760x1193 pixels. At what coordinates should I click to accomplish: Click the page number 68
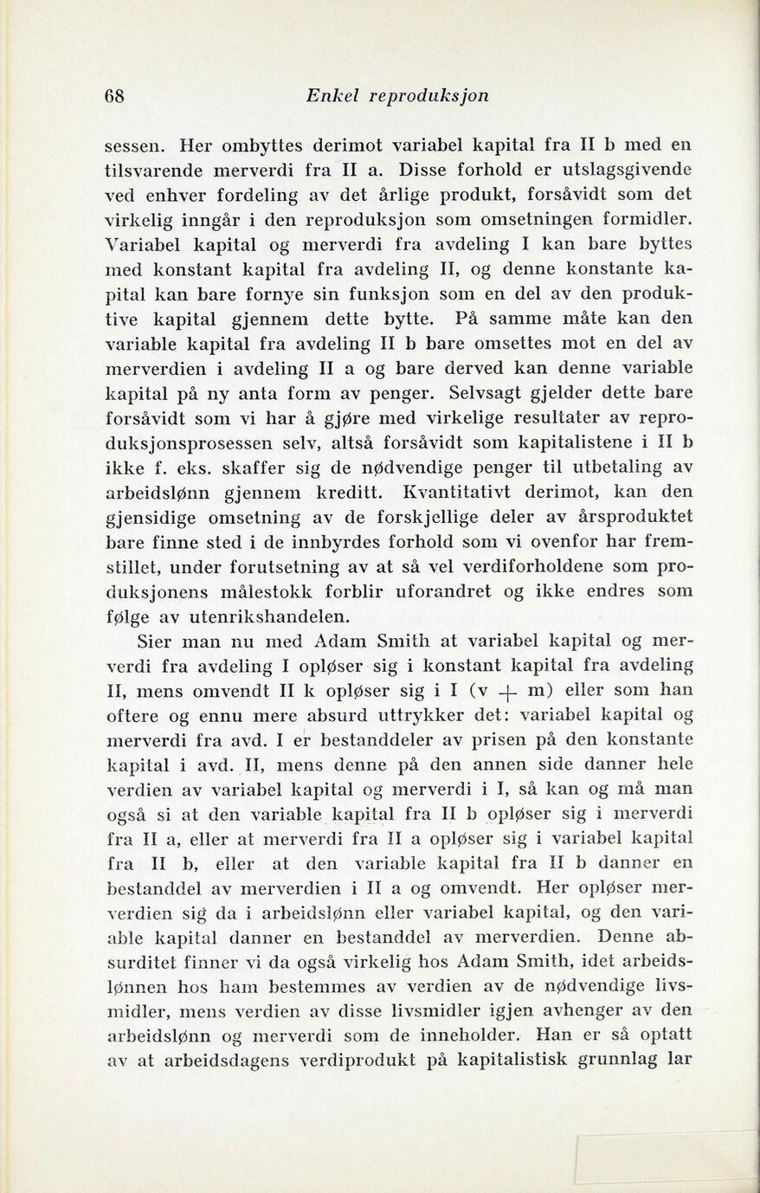click(114, 96)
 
